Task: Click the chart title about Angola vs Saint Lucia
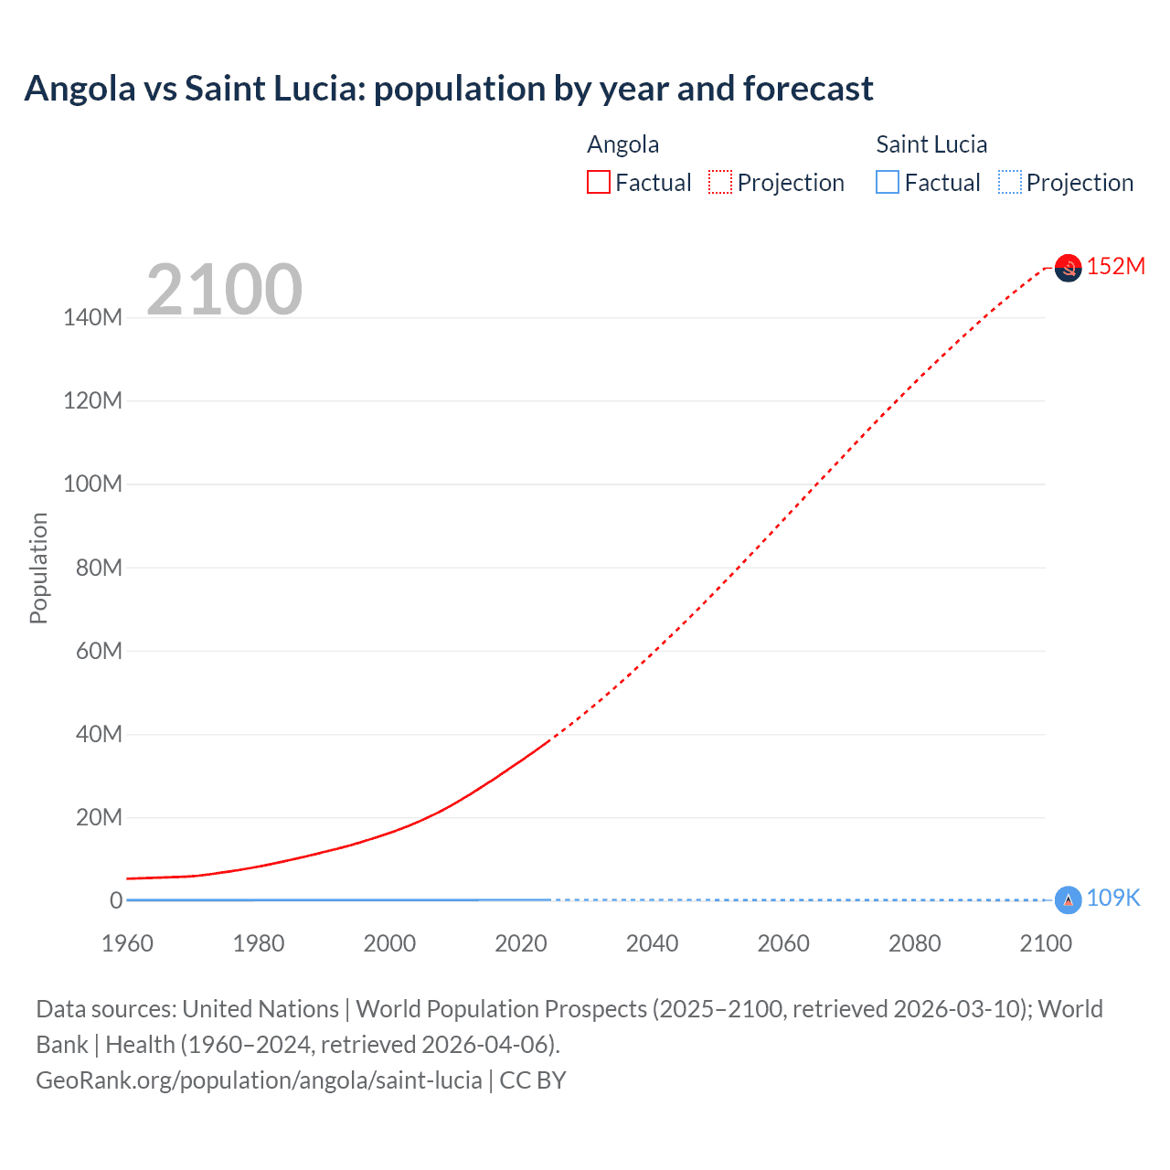coord(448,89)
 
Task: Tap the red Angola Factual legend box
coord(598,183)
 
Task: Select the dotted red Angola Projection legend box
coord(720,183)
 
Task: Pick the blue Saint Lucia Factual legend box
coord(887,183)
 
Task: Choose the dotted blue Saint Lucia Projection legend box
coord(1010,183)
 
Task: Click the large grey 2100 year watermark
coord(224,290)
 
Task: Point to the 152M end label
coord(1115,266)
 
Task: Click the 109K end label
coord(1112,899)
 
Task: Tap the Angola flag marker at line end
coord(1068,268)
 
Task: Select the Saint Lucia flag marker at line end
coord(1068,900)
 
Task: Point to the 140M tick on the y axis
coord(92,318)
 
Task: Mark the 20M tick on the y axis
coord(98,818)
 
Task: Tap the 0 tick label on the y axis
coord(116,901)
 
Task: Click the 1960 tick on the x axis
coord(127,943)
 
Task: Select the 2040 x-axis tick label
coord(652,943)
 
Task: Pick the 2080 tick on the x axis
coord(914,943)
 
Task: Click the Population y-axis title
coord(38,568)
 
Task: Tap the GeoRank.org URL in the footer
coord(259,1080)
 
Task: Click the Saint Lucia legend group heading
coord(931,144)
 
